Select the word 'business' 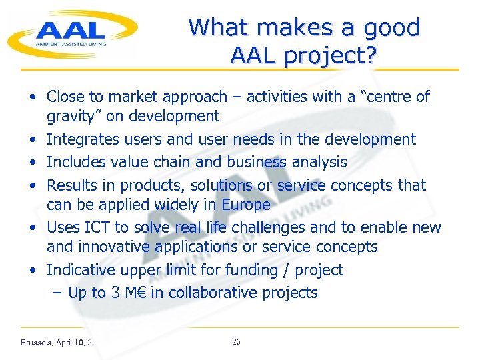click(257, 162)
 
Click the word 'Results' click(72, 185)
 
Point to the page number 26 click(236, 342)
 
